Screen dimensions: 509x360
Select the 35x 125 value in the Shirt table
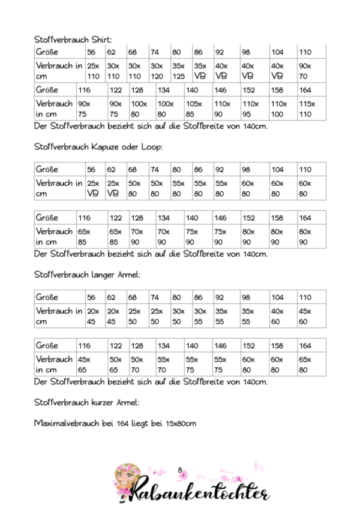pos(178,71)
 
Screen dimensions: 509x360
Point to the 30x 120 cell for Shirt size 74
pos(157,71)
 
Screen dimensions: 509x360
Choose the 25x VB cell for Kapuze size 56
pos(93,188)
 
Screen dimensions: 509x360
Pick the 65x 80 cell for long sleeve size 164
pos(305,365)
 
